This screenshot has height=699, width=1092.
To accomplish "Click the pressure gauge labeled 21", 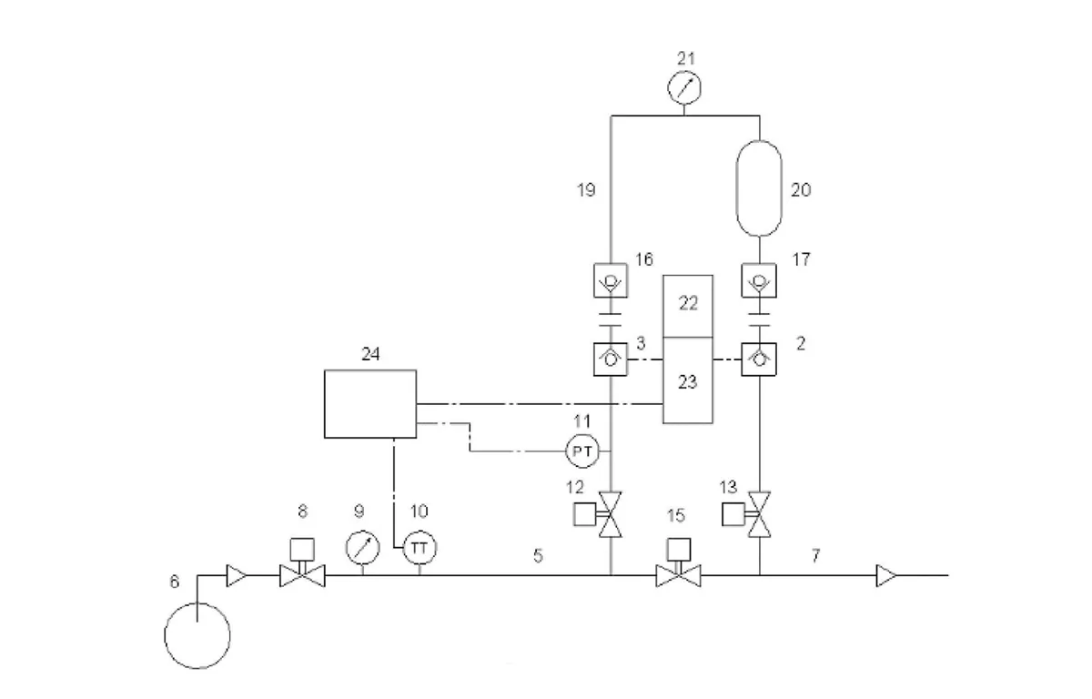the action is [x=684, y=87].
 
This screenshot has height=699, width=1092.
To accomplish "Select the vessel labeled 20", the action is [x=759, y=188].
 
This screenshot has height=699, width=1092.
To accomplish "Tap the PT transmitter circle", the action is [x=582, y=451].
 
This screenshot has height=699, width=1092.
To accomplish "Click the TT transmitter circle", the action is [x=420, y=547].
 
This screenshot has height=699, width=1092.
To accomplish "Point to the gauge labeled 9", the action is [x=363, y=547].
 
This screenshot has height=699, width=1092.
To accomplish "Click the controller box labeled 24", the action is [x=370, y=404].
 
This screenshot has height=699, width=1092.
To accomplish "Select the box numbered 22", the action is [x=688, y=306].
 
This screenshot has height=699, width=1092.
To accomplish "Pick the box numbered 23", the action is [x=688, y=380].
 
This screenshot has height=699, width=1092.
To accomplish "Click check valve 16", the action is [x=611, y=280].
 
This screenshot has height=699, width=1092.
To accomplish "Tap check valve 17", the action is [x=759, y=280].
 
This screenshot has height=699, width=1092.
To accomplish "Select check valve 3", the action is [x=611, y=360].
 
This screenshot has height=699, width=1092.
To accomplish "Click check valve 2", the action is [x=759, y=360].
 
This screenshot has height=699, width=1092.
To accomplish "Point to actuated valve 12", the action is [x=598, y=514].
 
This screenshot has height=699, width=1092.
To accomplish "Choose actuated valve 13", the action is [x=746, y=514].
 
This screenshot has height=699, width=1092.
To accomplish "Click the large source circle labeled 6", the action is [x=197, y=635].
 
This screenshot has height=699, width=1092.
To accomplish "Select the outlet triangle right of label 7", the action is [x=885, y=576].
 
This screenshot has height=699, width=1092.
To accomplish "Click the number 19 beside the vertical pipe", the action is [x=586, y=189].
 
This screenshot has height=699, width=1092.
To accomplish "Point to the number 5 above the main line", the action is [x=538, y=555].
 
